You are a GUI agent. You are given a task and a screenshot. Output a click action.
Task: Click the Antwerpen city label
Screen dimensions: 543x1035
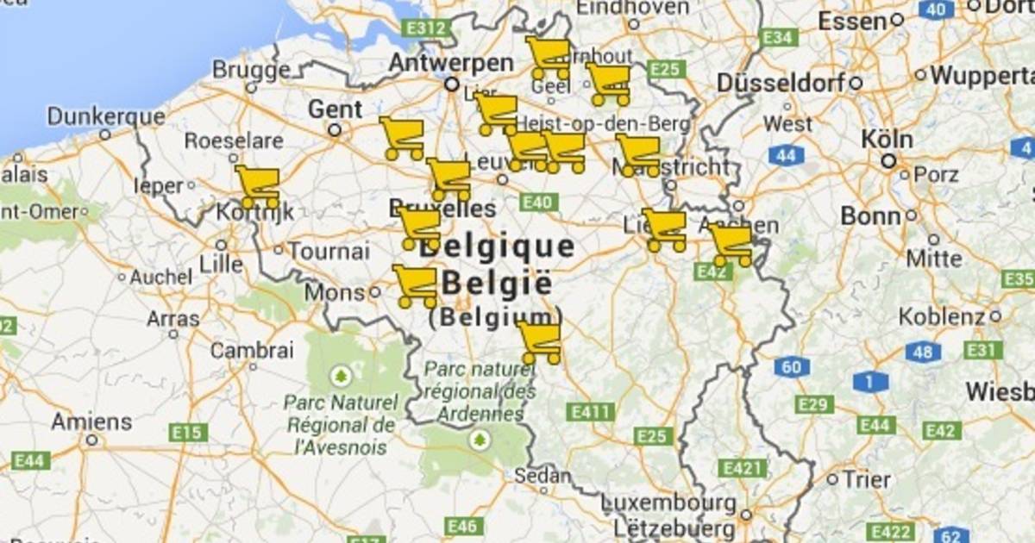coord(450,63)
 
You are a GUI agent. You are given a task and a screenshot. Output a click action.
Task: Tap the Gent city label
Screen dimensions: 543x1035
coord(335,109)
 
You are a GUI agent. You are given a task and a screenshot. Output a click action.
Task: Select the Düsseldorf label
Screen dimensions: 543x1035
coord(781,84)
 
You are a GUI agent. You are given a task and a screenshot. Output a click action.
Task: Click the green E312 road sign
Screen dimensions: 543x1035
coord(427,28)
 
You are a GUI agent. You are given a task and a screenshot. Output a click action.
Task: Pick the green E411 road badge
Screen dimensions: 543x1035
coord(590,412)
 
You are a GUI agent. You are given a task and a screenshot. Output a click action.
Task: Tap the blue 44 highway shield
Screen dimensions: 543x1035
coord(786,155)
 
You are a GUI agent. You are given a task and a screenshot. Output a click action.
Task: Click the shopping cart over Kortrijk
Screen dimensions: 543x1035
coord(258,186)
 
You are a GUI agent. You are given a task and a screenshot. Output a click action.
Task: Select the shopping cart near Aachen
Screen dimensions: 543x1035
coord(731,244)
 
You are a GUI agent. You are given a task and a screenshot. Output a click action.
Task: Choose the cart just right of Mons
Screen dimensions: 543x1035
coord(415,285)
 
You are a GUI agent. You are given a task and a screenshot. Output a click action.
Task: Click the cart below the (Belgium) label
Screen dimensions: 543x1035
coord(540,341)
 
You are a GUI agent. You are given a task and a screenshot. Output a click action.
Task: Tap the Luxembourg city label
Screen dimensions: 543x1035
coord(668,502)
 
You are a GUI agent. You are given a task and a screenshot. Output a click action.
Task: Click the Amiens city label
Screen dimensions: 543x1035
coord(91,422)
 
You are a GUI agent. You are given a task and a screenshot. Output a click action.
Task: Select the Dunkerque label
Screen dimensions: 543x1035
coord(106,116)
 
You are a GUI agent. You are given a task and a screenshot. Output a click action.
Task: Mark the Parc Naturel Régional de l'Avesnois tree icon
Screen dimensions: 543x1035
coord(341,376)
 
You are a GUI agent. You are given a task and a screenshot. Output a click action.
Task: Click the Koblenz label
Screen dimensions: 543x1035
coord(942,316)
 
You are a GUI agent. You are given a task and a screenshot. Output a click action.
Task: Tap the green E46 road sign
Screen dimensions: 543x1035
coord(464,525)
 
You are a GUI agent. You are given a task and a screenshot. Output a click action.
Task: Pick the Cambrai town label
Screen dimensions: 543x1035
coord(252,351)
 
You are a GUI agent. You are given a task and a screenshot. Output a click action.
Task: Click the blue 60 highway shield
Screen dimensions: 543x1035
coord(791,367)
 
